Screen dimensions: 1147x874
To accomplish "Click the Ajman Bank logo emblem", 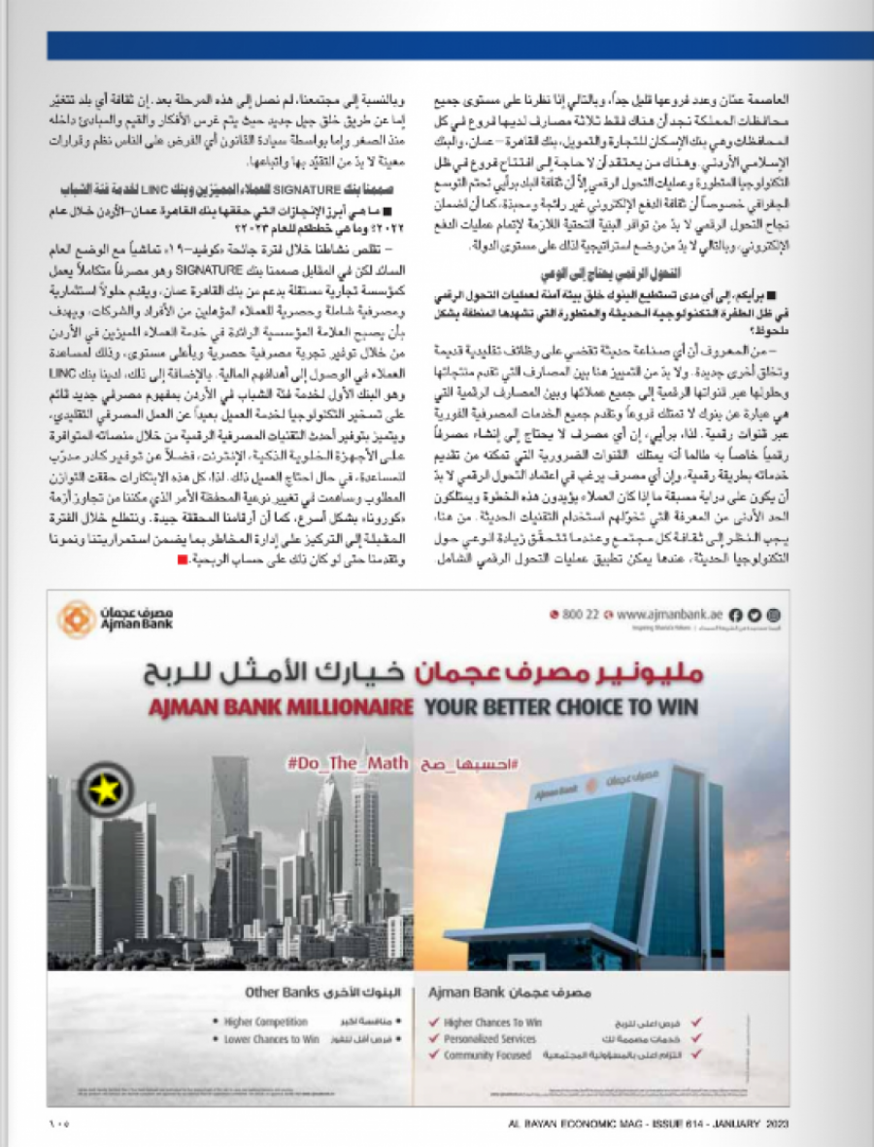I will click(x=76, y=619).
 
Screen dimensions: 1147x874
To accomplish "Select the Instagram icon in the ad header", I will click(x=773, y=615).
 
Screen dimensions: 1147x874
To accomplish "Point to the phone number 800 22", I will click(x=580, y=615).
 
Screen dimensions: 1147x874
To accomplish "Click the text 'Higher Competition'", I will click(x=265, y=1022).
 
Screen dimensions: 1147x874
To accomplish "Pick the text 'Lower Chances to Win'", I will click(x=271, y=1038).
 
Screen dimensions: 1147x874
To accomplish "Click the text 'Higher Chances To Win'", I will click(x=492, y=1023).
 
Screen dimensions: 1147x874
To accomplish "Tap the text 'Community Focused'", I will click(x=488, y=1055).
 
